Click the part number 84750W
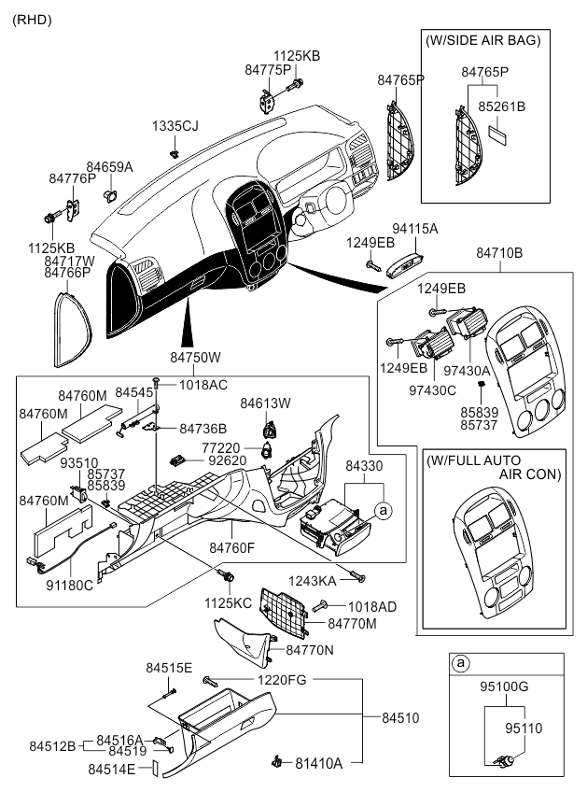195,358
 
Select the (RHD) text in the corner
32,19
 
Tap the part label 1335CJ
175,125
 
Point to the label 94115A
415,228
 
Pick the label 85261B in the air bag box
503,106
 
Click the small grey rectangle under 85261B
499,134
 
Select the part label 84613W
266,403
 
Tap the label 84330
364,464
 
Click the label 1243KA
314,581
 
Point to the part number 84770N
310,648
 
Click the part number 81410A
319,763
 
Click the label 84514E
112,769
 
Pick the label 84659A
110,167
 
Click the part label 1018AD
372,607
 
